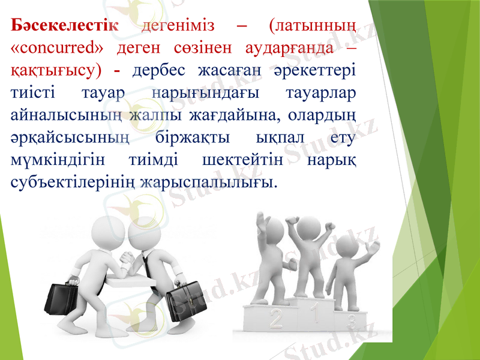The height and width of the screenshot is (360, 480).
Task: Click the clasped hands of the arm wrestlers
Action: (x=128, y=259)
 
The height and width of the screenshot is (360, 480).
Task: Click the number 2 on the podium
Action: (x=275, y=319)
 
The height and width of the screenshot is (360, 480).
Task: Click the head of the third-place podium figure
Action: (x=346, y=245)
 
